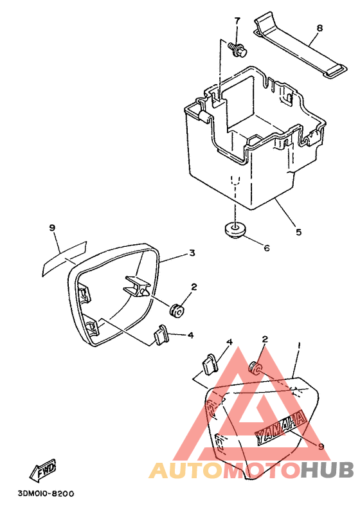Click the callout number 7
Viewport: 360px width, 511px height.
point(237,21)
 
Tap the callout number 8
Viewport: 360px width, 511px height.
point(319,28)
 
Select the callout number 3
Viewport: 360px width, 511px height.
point(192,253)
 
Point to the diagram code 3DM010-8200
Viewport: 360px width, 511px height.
point(46,494)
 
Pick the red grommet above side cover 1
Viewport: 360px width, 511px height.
point(255,368)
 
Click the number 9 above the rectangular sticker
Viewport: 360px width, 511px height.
point(53,228)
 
